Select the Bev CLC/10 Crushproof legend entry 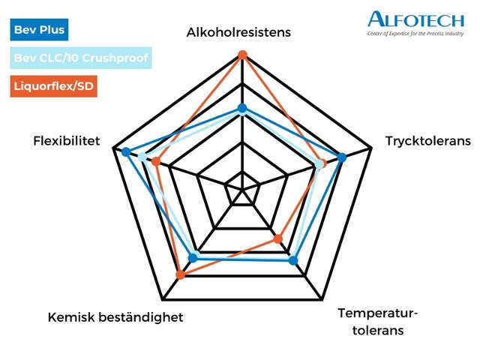point(82,57)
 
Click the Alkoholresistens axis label point(238,32)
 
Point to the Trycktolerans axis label point(427,141)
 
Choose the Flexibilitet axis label point(67,141)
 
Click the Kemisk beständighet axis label point(115,317)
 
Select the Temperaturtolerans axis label point(378,321)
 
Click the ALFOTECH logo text point(415,19)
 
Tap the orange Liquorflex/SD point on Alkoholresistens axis point(242,54)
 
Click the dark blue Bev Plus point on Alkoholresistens point(242,109)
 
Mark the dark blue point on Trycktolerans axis point(342,157)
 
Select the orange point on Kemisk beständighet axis point(180,275)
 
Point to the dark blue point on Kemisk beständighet point(192,258)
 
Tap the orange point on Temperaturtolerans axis point(278,239)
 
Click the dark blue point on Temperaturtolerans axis point(293,261)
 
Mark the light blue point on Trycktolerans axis point(320,164)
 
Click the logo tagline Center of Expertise point(415,34)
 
